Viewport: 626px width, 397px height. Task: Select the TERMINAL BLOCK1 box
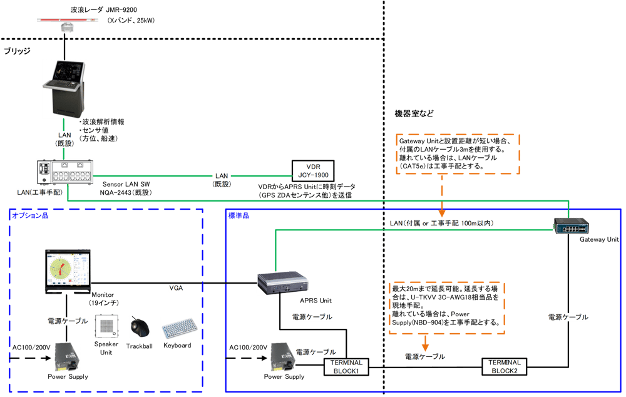(346, 366)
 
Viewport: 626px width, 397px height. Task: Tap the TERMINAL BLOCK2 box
(505, 366)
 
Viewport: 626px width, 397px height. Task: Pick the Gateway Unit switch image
(569, 225)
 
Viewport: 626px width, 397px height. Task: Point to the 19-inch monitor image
(68, 271)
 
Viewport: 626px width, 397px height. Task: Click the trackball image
(138, 327)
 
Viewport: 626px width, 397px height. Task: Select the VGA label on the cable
(176, 287)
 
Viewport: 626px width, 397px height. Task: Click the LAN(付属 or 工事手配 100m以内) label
(442, 223)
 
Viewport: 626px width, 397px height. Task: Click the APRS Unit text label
(309, 300)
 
